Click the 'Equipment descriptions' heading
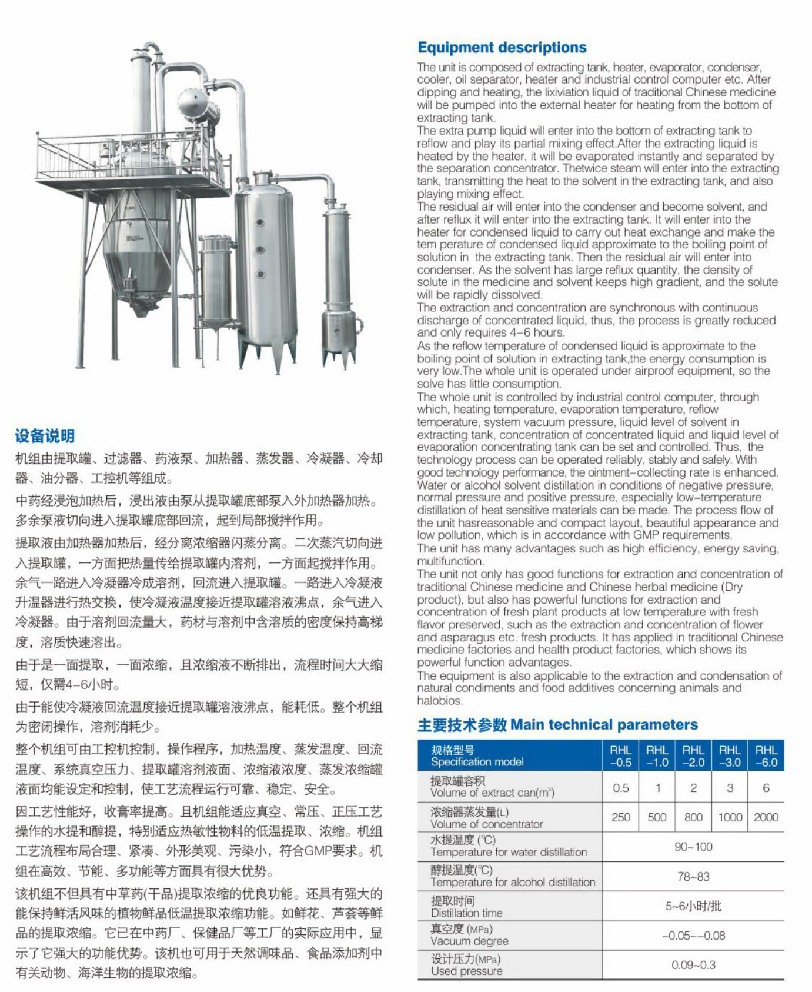(502, 48)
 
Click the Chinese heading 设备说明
(45, 436)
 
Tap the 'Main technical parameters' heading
(557, 724)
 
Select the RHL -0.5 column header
(620, 756)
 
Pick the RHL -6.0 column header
(766, 756)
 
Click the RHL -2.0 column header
(693, 756)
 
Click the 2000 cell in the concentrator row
(766, 817)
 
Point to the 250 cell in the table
(620, 817)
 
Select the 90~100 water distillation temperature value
(693, 847)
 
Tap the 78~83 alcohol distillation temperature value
(693, 877)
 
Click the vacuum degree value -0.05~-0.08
(693, 936)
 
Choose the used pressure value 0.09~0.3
(693, 965)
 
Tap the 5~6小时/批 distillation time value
(693, 906)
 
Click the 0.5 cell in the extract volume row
(620, 788)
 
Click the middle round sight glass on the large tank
(260, 249)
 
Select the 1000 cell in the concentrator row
(730, 817)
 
